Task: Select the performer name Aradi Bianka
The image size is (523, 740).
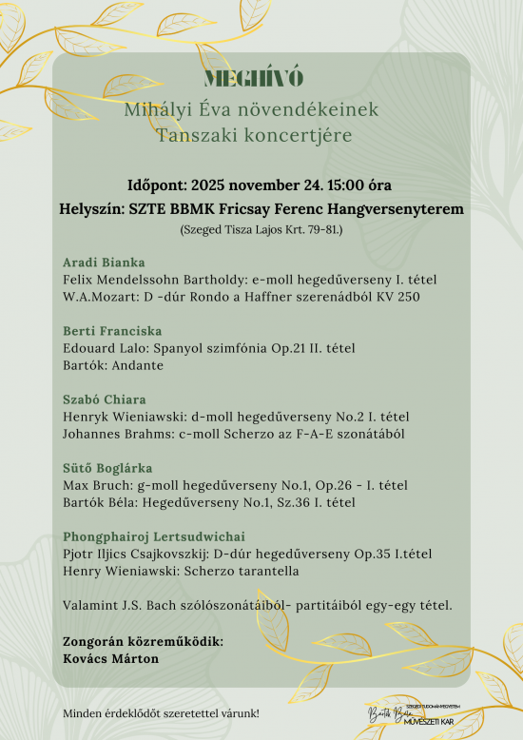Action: click(104, 262)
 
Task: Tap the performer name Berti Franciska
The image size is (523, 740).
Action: click(112, 331)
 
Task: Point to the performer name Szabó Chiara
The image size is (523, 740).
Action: click(105, 399)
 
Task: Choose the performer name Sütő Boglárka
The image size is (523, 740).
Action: click(107, 468)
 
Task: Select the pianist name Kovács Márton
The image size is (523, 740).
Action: click(110, 658)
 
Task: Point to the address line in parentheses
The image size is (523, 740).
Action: click(261, 229)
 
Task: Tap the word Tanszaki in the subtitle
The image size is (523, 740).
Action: click(197, 136)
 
